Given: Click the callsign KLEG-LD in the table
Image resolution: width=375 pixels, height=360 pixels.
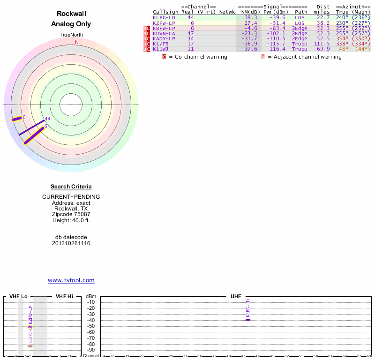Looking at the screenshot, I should pos(164,17).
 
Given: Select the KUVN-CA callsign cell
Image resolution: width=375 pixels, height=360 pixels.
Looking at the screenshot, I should pos(164,33).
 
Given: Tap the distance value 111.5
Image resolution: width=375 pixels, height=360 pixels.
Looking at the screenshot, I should pos(322,44).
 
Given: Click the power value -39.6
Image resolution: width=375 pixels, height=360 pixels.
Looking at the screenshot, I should pos(276,17).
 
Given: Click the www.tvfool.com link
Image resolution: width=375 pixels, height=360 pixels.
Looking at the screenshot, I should pos(71,280).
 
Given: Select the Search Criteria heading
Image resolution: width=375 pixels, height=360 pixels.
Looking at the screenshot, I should pos(71,187).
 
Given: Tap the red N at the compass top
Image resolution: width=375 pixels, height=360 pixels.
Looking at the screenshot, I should pos(77,42).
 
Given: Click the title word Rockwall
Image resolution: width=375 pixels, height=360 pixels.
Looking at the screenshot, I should pos(71,14).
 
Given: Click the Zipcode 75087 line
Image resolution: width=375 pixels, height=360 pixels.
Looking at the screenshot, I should pos(71,214).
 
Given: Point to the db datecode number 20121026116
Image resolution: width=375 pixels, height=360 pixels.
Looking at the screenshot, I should pos(71,243).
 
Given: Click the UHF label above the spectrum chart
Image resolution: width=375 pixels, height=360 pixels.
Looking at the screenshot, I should pos(235,296).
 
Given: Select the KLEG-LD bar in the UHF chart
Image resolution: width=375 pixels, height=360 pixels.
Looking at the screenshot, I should pos(248,320).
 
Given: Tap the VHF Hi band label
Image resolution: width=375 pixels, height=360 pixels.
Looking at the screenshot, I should pos(64,296).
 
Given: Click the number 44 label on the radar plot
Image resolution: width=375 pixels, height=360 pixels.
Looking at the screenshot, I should pos(47,119).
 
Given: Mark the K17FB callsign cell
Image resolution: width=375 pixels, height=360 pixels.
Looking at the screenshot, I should pos(160,44).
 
